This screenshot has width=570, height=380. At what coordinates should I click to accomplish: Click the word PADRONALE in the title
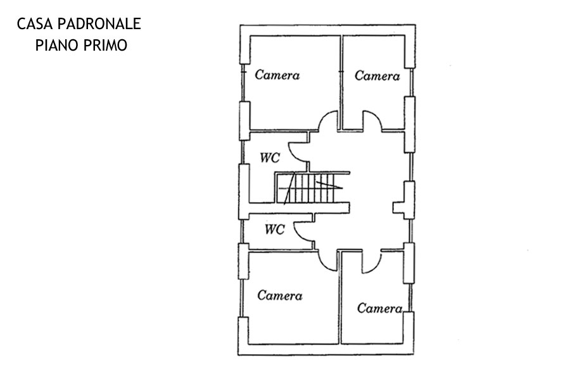[x=99, y=24]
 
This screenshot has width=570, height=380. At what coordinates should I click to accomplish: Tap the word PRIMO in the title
[x=105, y=46]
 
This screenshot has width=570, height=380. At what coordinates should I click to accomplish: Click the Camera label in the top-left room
[x=277, y=75]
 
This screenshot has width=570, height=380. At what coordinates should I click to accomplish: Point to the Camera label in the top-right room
[x=377, y=75]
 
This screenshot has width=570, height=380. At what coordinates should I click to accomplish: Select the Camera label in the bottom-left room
[x=280, y=295]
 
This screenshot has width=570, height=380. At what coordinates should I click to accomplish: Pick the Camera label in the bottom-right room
[x=380, y=308]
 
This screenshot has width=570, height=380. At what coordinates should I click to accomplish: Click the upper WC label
[x=270, y=158]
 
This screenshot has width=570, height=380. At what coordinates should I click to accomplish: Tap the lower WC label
[x=274, y=229]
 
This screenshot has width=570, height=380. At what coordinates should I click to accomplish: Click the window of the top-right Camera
[x=411, y=82]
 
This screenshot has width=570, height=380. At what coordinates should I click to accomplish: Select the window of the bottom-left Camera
[x=241, y=298]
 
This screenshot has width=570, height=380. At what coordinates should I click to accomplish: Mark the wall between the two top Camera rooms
[x=341, y=82]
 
